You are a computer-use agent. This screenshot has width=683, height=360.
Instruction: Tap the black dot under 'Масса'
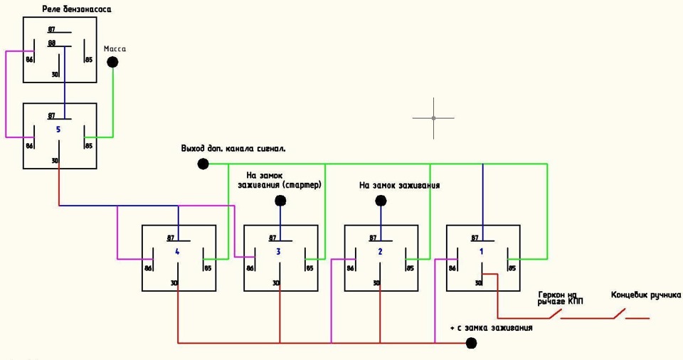(112, 62)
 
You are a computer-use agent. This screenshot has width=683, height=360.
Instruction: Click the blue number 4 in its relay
(176, 252)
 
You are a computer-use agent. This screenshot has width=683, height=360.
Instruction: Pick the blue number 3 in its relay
(278, 252)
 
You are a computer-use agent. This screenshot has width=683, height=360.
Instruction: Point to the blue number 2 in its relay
(380, 252)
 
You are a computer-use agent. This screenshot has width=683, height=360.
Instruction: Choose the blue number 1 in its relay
(481, 252)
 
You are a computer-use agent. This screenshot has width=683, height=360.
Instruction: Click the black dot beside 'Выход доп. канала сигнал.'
(203, 164)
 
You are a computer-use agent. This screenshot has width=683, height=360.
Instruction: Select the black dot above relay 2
(381, 201)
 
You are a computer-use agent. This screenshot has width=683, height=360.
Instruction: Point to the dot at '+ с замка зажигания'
(471, 344)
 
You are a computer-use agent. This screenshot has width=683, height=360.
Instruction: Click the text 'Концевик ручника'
(646, 295)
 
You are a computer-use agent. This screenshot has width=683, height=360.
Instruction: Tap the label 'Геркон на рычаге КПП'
(561, 298)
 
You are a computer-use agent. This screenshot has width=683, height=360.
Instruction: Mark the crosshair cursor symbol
(433, 118)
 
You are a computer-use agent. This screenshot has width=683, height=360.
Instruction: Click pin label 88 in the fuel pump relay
(52, 43)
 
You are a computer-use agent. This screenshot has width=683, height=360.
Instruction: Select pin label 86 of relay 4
(149, 268)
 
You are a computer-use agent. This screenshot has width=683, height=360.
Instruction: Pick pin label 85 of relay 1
(512, 268)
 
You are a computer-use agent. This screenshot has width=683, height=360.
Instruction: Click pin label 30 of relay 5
(55, 162)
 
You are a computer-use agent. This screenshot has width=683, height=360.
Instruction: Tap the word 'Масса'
(115, 48)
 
